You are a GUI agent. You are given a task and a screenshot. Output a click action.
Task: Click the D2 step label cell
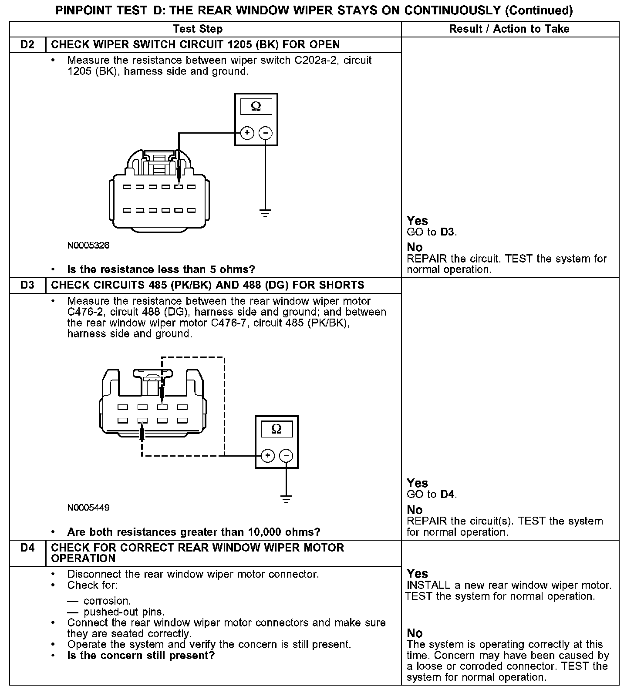click(27, 45)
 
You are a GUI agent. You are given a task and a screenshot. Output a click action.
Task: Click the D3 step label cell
click(27, 286)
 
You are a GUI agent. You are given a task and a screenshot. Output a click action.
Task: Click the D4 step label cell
click(27, 548)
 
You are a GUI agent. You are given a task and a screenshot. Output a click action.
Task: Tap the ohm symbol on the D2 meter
click(256, 106)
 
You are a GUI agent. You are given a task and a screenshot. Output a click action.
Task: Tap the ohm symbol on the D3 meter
click(277, 429)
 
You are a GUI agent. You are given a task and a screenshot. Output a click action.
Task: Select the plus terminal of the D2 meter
click(247, 133)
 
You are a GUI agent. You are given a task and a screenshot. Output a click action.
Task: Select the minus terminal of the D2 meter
click(266, 133)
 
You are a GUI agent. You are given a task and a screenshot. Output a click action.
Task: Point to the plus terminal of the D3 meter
click(267, 456)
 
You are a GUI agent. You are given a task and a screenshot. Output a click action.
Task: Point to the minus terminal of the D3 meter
click(286, 456)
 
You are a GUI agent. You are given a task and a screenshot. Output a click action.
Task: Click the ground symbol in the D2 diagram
click(265, 213)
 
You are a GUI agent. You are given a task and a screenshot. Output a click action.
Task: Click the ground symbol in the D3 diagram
click(286, 499)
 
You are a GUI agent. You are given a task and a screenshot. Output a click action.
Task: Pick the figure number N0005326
click(88, 246)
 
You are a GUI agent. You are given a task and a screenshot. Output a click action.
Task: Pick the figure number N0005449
click(88, 508)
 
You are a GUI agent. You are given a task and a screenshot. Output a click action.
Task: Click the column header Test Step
click(198, 29)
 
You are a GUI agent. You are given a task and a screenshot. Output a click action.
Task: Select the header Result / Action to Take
click(509, 29)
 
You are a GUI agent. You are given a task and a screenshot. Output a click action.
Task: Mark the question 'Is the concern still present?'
click(141, 656)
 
